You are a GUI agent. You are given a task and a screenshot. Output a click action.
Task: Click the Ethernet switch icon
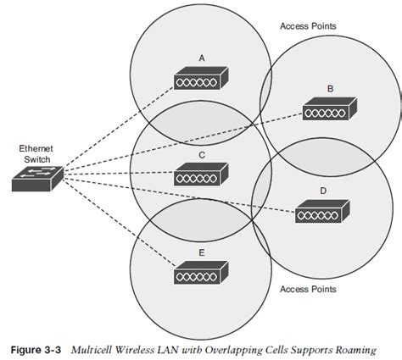click(36, 176)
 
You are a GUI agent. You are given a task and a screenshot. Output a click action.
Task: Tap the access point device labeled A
click(200, 79)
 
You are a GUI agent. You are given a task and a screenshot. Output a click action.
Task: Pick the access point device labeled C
click(200, 175)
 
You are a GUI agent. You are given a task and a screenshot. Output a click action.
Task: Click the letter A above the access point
click(201, 58)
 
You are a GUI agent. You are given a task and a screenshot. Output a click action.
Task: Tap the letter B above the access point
click(329, 87)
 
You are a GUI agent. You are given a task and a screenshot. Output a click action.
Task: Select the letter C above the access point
click(201, 155)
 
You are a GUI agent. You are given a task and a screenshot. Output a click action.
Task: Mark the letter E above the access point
click(201, 252)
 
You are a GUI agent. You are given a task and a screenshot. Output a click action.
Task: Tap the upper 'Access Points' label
click(308, 25)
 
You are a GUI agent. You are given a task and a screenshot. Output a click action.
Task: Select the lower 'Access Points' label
click(308, 289)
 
